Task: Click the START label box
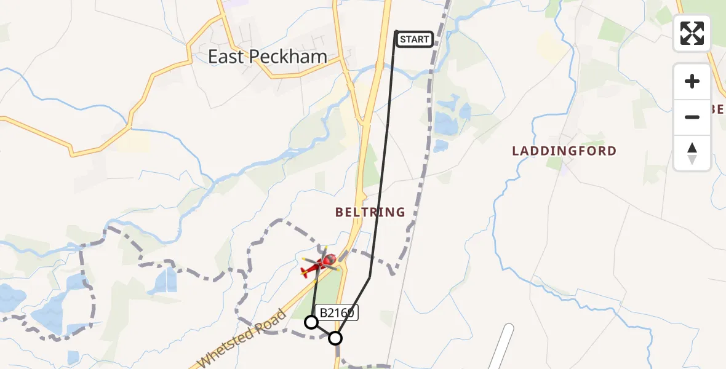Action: [414, 40]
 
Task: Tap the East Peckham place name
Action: [268, 57]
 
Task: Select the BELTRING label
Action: [370, 212]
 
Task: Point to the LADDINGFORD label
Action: [564, 151]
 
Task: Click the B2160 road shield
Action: [336, 312]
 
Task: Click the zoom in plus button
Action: [692, 81]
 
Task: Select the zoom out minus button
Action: [692, 117]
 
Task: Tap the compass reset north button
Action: [692, 153]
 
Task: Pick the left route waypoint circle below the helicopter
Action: [311, 322]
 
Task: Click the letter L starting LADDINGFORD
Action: [516, 151]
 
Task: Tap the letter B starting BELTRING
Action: [339, 212]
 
